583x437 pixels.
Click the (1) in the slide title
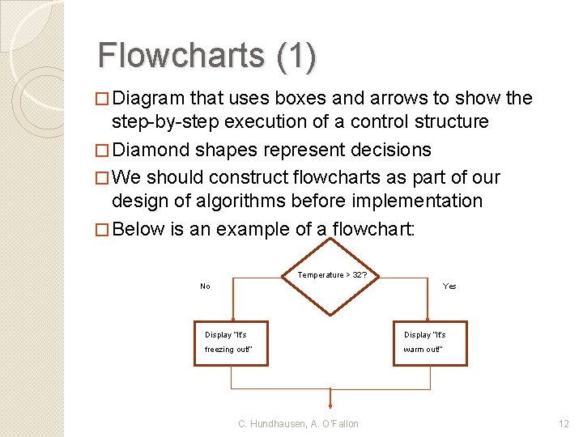(296, 55)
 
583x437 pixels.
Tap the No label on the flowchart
(205, 286)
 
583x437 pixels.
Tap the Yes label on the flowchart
(449, 286)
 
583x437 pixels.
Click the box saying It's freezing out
(231, 342)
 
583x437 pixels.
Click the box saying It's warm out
(430, 342)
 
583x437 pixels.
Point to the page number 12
(564, 423)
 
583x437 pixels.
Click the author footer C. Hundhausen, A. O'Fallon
(298, 423)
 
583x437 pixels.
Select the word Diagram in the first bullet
(148, 99)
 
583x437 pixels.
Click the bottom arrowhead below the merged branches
(330, 405)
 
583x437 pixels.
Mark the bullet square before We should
(102, 178)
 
